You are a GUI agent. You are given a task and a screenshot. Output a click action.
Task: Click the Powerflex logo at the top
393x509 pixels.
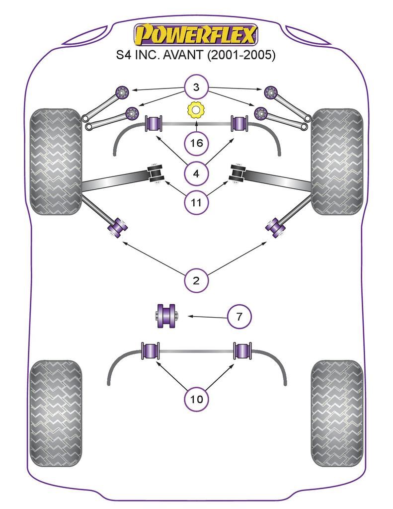(x=196, y=35)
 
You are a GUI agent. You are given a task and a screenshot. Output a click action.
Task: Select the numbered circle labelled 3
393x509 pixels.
(x=196, y=88)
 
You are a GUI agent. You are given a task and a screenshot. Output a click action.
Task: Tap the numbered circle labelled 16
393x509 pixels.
(x=196, y=144)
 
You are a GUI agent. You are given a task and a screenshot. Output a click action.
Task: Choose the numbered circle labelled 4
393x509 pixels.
(x=196, y=173)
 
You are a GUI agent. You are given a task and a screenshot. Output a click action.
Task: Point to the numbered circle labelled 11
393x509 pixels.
(x=196, y=202)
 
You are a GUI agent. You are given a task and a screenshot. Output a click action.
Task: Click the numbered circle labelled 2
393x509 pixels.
(x=196, y=280)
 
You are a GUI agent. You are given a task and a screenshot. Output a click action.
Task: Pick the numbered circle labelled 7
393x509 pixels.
(x=239, y=316)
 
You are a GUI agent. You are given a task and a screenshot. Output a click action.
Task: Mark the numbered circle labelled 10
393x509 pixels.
(x=196, y=398)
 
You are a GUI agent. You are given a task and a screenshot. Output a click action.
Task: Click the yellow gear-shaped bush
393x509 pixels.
(x=196, y=110)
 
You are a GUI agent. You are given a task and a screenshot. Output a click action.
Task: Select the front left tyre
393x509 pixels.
(x=56, y=162)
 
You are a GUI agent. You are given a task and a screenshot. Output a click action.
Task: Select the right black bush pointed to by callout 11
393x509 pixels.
(x=237, y=173)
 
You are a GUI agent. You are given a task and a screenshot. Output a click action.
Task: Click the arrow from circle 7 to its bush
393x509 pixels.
(x=204, y=316)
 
